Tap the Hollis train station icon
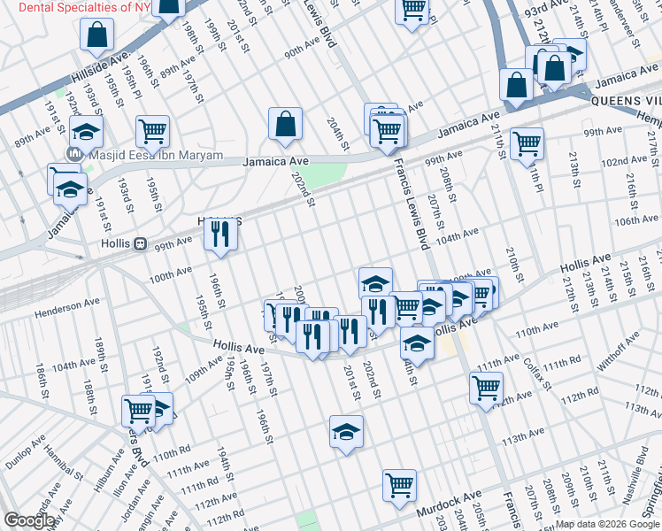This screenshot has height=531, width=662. coord(140,243)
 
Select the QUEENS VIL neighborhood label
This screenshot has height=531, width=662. coord(626,100)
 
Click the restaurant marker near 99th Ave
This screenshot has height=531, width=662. coord(218,235)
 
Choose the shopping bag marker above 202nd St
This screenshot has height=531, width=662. coord(286,125)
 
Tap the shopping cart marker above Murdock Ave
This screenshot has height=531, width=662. coord(399,485)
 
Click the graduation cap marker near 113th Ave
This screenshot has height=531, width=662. coord(346,432)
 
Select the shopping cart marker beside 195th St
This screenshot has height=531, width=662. coord(153,132)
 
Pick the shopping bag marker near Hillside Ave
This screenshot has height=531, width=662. coord(97,35)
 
